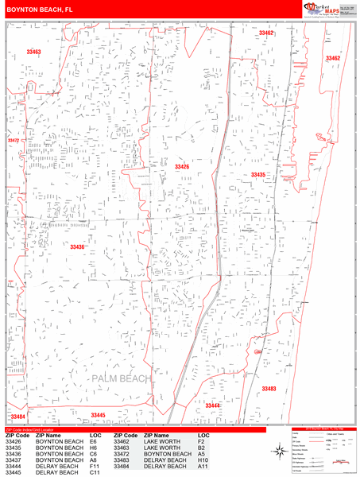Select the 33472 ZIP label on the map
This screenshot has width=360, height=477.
[x=13, y=141]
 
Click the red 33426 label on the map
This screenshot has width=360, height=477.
[x=182, y=167]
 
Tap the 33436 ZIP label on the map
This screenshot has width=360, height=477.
[x=77, y=247]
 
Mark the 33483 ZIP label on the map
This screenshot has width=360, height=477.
[x=268, y=389]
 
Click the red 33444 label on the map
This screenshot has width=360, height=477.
[x=213, y=405]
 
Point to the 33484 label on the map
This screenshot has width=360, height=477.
[x=17, y=417]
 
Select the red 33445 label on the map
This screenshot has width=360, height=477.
[x=98, y=415]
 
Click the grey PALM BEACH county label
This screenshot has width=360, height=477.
[x=121, y=379]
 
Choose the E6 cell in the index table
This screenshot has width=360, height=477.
[x=94, y=441]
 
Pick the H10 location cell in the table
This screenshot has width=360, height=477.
[x=203, y=460]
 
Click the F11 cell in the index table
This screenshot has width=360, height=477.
[x=95, y=467]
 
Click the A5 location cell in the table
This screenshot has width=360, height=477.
[x=203, y=454]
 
